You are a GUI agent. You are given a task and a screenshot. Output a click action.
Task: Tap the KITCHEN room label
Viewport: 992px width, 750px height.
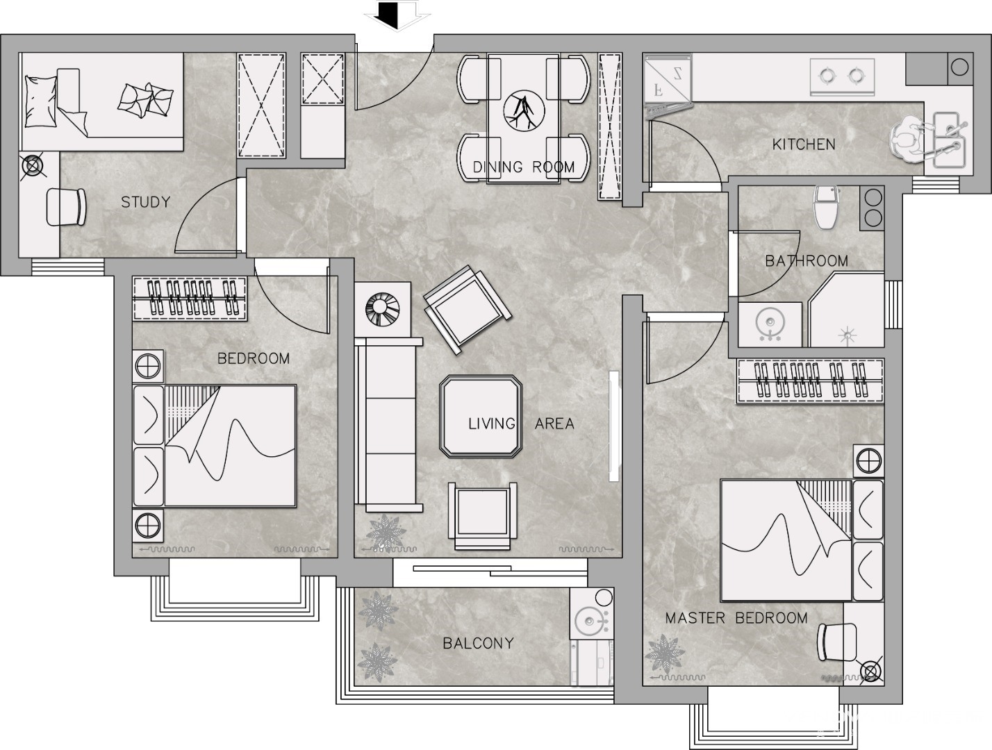(804, 144)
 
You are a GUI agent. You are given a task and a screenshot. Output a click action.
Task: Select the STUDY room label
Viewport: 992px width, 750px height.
(145, 202)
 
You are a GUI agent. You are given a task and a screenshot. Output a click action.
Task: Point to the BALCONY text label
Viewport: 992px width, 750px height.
(478, 643)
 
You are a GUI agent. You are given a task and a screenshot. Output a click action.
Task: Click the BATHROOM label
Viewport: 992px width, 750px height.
(807, 260)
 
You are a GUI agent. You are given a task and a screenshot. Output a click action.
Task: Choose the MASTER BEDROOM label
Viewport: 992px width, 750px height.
(736, 618)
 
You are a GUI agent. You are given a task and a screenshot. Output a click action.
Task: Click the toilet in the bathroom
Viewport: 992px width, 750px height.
(827, 207)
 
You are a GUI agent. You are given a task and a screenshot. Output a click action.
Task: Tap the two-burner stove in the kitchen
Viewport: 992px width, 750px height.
(842, 77)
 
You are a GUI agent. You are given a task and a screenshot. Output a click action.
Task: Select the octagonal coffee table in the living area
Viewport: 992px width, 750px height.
(481, 417)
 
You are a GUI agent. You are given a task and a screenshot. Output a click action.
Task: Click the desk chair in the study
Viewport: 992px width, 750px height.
(67, 207)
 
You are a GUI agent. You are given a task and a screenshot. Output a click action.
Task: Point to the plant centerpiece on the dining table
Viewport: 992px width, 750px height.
(524, 111)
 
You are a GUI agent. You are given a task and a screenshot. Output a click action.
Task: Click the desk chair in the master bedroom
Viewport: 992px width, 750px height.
(837, 642)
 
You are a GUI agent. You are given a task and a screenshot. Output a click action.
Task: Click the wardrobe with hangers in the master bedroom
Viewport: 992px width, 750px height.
(810, 381)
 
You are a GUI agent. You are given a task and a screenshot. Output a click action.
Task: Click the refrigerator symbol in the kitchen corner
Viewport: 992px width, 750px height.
(668, 83)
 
